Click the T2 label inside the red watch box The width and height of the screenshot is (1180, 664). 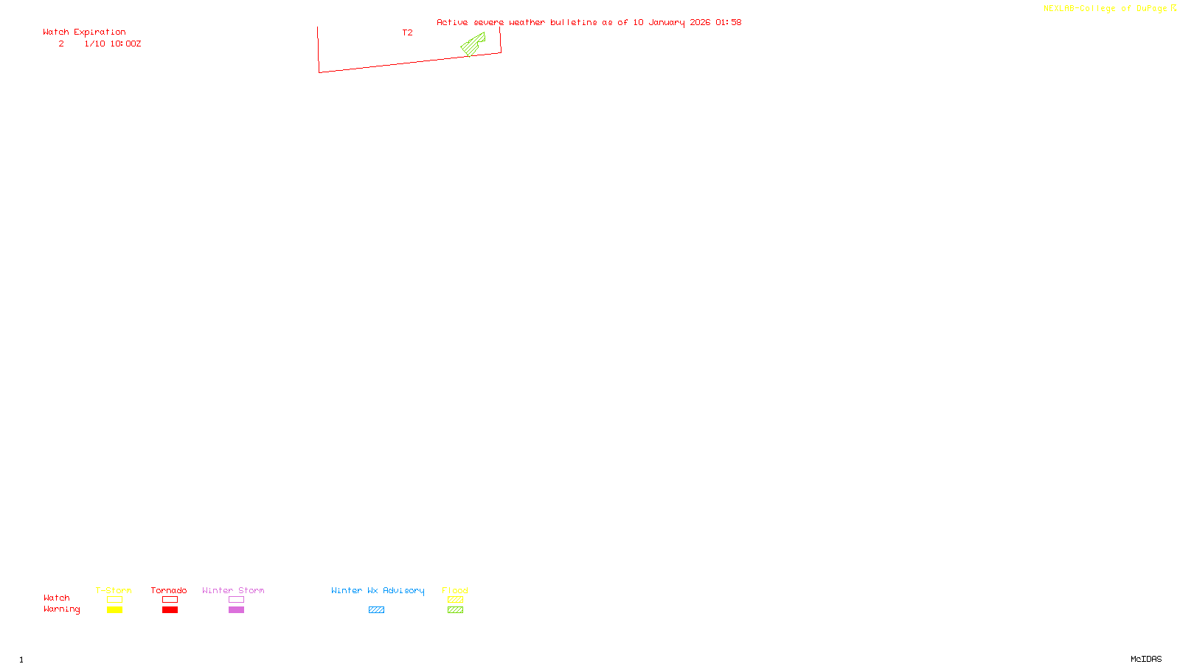point(407,32)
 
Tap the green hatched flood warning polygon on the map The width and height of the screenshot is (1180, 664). point(472,46)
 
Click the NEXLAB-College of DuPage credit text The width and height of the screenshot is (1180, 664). point(1106,9)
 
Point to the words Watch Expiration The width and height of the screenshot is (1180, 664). point(84,32)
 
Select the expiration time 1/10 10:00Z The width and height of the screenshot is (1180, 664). point(112,44)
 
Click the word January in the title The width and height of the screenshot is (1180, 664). point(666,22)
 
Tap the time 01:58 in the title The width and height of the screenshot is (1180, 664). point(728,22)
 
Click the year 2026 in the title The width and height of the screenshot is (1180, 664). point(700,22)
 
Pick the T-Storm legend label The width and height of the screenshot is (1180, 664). point(114,590)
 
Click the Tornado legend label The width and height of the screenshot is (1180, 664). point(169,590)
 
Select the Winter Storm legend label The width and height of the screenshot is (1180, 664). point(233,590)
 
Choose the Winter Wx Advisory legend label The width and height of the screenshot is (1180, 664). point(378,590)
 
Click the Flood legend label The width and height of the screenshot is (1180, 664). point(455,590)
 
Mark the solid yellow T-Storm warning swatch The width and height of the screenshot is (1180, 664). point(114,610)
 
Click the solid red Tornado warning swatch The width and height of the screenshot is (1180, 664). point(170,610)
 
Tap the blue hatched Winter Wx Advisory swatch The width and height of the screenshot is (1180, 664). point(376,610)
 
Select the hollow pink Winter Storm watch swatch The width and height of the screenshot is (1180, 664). point(236,600)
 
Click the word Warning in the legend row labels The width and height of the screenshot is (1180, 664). point(61,609)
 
